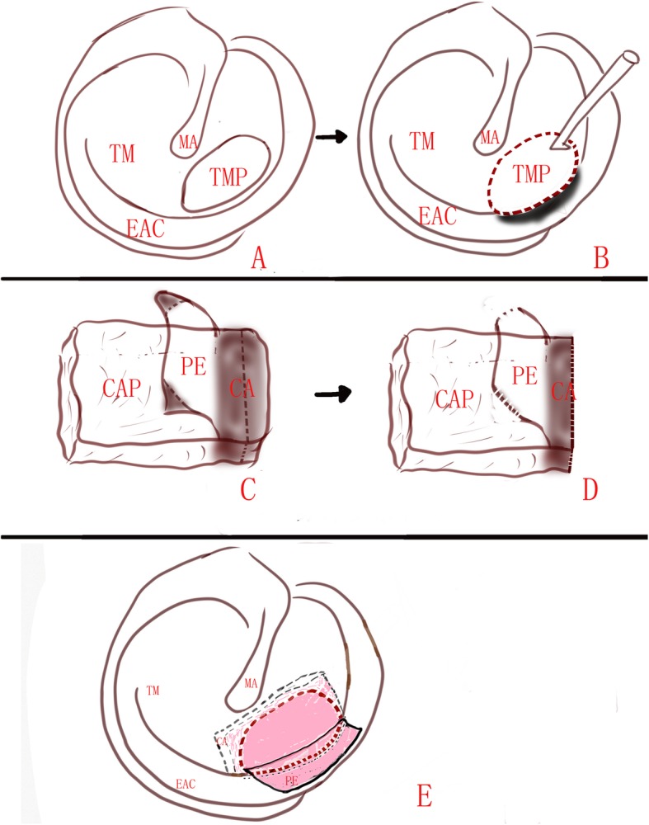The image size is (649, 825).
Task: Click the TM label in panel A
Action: pyautogui.click(x=122, y=153)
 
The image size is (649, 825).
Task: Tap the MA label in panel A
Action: pyautogui.click(x=187, y=142)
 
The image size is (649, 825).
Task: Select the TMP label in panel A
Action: pyautogui.click(x=228, y=177)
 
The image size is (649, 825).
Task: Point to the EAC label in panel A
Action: pyautogui.click(x=146, y=228)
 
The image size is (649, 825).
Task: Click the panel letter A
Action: pyautogui.click(x=258, y=258)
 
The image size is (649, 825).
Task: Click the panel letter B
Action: pyautogui.click(x=600, y=257)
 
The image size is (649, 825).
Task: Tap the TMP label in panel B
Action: pyautogui.click(x=531, y=173)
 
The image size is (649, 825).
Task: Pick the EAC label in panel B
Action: pyautogui.click(x=438, y=215)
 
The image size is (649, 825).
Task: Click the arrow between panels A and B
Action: pyautogui.click(x=332, y=137)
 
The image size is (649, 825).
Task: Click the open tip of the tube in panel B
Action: pyautogui.click(x=632, y=57)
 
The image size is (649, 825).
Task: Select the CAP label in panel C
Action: pyautogui.click(x=121, y=389)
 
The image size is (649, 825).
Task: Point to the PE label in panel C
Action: pyautogui.click(x=193, y=367)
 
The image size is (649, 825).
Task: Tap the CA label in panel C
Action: pyautogui.click(x=242, y=389)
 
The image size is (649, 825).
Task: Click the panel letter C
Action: pyautogui.click(x=247, y=489)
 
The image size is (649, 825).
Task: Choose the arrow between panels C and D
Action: pyautogui.click(x=333, y=394)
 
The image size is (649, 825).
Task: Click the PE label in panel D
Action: pyautogui.click(x=524, y=376)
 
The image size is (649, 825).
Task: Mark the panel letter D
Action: pyautogui.click(x=590, y=490)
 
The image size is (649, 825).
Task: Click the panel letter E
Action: pyautogui.click(x=425, y=796)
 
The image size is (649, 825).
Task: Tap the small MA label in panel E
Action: pyautogui.click(x=251, y=683)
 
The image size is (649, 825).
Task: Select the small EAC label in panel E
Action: pyautogui.click(x=186, y=785)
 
